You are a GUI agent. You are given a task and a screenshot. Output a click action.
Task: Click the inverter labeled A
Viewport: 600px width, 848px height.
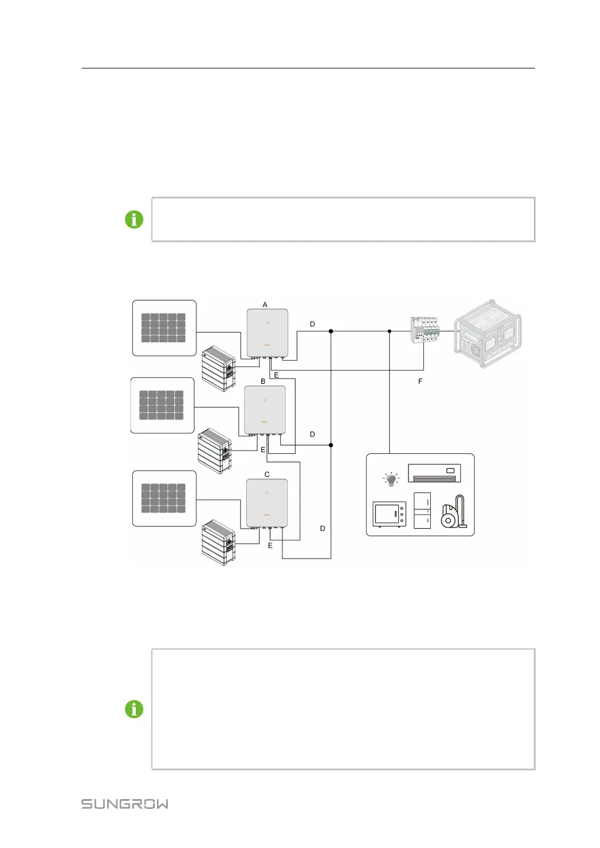tap(267, 333)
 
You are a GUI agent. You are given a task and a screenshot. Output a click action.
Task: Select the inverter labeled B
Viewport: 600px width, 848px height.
tap(265, 410)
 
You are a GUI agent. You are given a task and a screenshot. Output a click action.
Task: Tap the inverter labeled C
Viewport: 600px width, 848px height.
tap(266, 503)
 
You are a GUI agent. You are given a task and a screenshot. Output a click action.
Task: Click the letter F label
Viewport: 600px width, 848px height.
tap(420, 381)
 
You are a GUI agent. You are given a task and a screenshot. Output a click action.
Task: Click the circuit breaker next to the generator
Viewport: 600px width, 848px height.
tap(425, 330)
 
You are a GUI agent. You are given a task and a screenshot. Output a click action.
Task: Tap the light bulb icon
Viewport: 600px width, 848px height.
tap(391, 479)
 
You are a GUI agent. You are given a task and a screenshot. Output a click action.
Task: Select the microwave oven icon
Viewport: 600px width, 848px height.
tap(389, 514)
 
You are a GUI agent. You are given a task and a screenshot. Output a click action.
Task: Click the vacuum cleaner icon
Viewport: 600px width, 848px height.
tap(454, 513)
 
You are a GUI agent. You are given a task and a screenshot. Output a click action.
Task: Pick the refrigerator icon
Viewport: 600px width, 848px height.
tap(422, 510)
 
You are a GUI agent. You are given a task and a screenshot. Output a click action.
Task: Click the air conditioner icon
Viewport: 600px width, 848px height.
tap(434, 473)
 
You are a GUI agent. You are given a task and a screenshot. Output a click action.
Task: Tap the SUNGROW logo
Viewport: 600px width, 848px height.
tap(125, 804)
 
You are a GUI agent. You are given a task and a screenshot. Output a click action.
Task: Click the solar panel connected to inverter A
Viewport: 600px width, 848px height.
tap(164, 328)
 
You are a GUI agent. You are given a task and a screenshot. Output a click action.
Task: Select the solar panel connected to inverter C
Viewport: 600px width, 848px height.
tap(164, 498)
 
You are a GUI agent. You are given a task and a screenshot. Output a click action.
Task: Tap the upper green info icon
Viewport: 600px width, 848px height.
tap(134, 219)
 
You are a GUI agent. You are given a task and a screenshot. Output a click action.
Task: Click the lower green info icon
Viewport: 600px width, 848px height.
tap(134, 709)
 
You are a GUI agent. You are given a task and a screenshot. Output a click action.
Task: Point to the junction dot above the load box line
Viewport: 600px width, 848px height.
tap(389, 331)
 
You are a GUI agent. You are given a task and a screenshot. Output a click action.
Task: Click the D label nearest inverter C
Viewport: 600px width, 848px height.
tap(323, 528)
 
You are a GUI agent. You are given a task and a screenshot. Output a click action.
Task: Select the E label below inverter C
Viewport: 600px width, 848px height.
tap(270, 545)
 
